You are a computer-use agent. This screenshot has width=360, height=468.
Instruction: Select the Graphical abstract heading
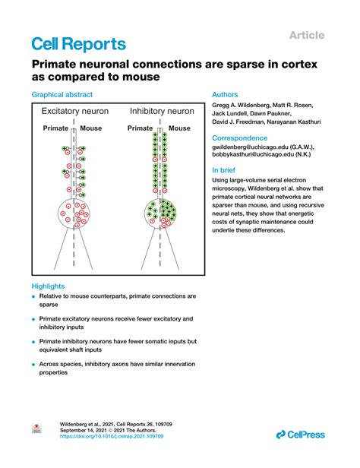(x=62, y=95)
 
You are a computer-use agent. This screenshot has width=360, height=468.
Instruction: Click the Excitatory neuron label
(x=74, y=112)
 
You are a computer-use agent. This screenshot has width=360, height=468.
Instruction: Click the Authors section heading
(x=227, y=95)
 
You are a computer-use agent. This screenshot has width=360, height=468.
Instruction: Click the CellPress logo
(x=299, y=434)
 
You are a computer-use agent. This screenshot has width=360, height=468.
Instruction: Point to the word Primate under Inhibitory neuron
(x=141, y=128)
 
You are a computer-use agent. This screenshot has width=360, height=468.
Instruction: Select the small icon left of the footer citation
(x=35, y=429)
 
